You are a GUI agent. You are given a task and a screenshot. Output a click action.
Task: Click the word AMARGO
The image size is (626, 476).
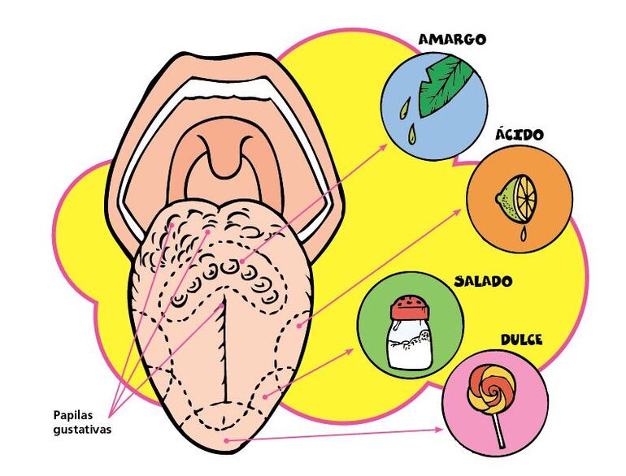pyautogui.click(x=452, y=39)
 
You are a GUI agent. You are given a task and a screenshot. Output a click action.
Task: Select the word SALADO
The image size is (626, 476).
pyautogui.click(x=483, y=282)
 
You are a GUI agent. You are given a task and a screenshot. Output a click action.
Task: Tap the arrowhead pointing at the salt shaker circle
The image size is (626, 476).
pyautogui.click(x=351, y=352)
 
